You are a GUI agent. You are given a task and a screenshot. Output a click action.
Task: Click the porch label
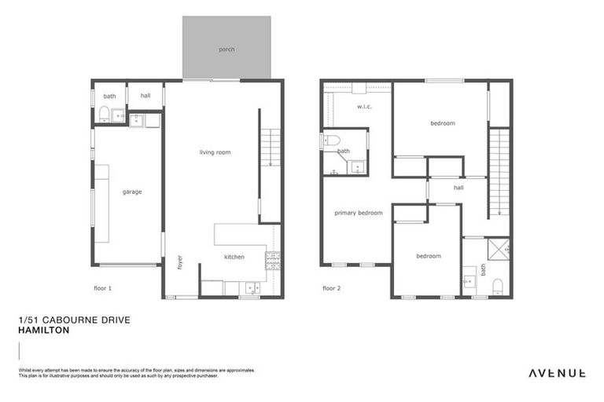(x=226, y=49)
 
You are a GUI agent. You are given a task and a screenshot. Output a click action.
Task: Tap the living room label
(x=215, y=152)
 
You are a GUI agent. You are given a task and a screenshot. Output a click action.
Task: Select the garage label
(x=131, y=192)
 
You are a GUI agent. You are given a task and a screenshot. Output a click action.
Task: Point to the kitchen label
(x=234, y=257)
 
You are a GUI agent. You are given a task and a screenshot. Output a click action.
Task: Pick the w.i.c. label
(x=364, y=106)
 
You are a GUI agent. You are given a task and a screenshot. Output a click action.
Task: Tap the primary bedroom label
(x=359, y=213)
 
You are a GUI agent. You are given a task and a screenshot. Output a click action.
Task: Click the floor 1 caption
(x=102, y=288)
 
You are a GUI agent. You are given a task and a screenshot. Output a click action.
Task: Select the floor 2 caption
(x=332, y=288)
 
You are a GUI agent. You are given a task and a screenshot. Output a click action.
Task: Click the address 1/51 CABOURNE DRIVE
(x=73, y=320)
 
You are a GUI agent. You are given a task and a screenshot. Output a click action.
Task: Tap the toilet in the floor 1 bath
(x=104, y=117)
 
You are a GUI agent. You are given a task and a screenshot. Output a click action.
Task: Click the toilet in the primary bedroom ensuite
(x=331, y=141)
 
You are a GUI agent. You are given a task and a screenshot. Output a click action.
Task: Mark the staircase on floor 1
(x=270, y=148)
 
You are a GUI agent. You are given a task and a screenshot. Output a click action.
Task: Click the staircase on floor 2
(x=499, y=174)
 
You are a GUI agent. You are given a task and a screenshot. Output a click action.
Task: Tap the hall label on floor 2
(x=459, y=188)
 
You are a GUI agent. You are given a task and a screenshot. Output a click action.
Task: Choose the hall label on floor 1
(x=145, y=96)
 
